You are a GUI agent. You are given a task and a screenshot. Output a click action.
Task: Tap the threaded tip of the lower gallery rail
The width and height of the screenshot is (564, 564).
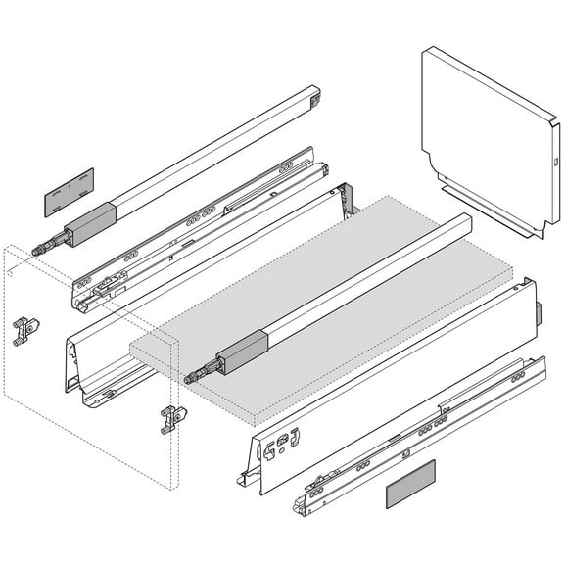[192, 376]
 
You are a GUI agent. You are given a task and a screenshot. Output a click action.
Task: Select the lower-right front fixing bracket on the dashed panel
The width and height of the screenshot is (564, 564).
[170, 418]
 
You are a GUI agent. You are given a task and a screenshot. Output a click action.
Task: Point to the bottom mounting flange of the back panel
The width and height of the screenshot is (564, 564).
[490, 211]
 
